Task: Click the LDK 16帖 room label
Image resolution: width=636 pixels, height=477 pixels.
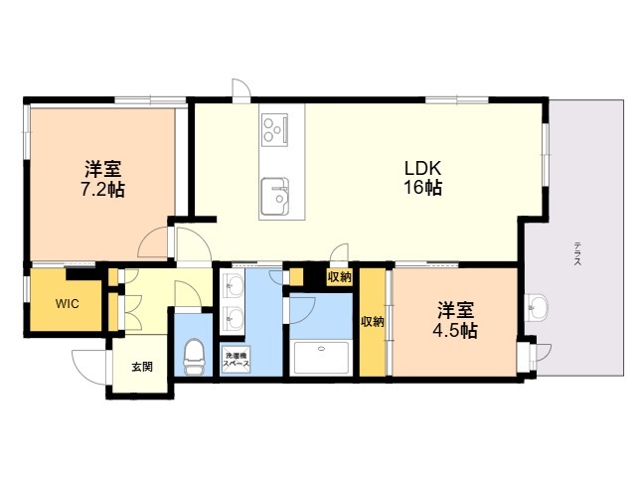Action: (422, 177)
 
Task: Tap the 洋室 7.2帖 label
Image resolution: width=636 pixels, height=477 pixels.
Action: (103, 179)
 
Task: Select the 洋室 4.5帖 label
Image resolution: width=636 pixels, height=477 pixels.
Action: (455, 320)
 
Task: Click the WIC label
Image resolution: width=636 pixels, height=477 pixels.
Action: (68, 304)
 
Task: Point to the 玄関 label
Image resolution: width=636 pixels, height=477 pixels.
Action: (142, 367)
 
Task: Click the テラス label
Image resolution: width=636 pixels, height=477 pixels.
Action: (577, 253)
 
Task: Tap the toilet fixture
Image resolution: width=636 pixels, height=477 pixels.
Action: (195, 358)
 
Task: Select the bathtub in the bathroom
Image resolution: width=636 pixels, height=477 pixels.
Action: (321, 358)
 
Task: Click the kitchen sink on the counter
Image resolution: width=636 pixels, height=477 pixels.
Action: (275, 197)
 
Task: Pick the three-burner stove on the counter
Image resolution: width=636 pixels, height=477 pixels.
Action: (275, 128)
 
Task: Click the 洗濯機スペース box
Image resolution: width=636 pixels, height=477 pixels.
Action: (236, 359)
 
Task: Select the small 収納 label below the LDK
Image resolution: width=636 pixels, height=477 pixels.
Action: (340, 277)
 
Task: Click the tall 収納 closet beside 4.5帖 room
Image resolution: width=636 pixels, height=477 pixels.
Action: (373, 322)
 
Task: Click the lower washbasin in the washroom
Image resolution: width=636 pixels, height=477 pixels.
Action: (233, 318)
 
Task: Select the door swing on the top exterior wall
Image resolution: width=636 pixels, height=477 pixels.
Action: (241, 88)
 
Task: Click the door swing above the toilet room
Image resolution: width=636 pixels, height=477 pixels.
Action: (188, 294)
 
